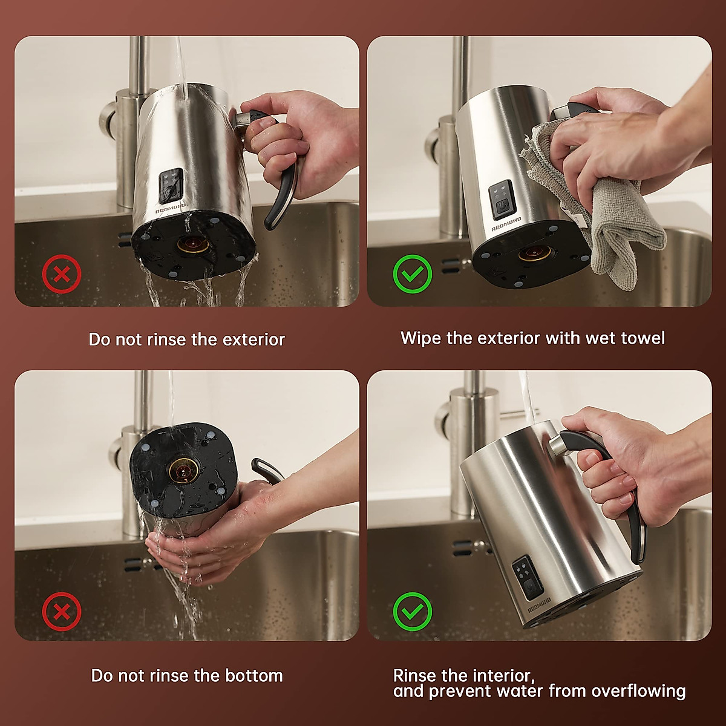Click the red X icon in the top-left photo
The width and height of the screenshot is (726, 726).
click(61, 275)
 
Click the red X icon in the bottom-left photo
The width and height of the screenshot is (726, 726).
click(61, 611)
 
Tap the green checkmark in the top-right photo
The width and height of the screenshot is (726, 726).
click(412, 275)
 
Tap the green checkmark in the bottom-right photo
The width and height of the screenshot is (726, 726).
click(412, 611)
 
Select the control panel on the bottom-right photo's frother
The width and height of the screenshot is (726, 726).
click(525, 578)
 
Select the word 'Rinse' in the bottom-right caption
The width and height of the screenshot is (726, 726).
click(415, 675)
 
